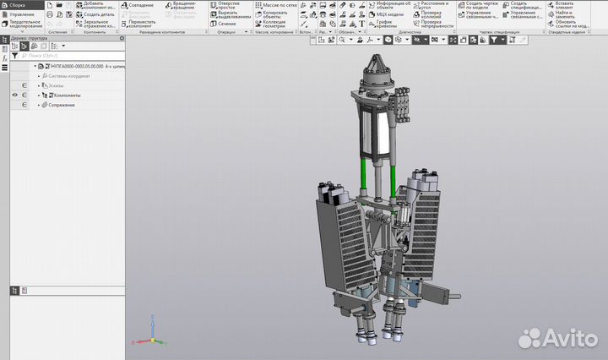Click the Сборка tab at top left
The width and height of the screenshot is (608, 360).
tap(17, 5)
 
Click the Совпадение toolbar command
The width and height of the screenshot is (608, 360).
tap(140, 5)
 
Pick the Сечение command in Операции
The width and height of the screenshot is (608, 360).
tap(226, 24)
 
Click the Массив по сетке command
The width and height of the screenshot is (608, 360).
tap(279, 5)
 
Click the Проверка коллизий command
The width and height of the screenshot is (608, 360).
tap(436, 14)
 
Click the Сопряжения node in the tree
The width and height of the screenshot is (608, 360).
tap(61, 105)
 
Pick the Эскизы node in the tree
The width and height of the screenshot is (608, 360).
tap(57, 85)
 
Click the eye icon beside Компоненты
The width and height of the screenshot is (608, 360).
tap(14, 95)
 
